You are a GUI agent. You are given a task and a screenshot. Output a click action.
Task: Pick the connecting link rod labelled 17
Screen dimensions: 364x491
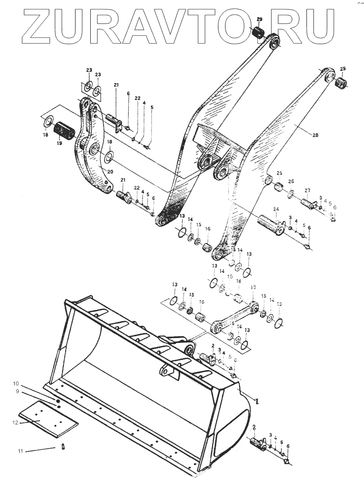[x=234, y=317]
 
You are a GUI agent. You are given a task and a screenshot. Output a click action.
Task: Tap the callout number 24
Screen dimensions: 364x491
[x=276, y=209]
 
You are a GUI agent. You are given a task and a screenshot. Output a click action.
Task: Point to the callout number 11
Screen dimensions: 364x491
[x=20, y=451]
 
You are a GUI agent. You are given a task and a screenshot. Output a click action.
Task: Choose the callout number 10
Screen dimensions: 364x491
[x=16, y=384]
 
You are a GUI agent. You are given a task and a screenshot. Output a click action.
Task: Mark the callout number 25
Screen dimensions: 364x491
[x=279, y=173]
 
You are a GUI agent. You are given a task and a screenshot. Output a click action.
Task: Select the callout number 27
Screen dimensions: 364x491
[x=307, y=190]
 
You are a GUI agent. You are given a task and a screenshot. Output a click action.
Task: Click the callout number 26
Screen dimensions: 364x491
[x=291, y=182]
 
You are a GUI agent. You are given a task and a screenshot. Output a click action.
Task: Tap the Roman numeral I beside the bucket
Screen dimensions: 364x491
[x=257, y=401]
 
